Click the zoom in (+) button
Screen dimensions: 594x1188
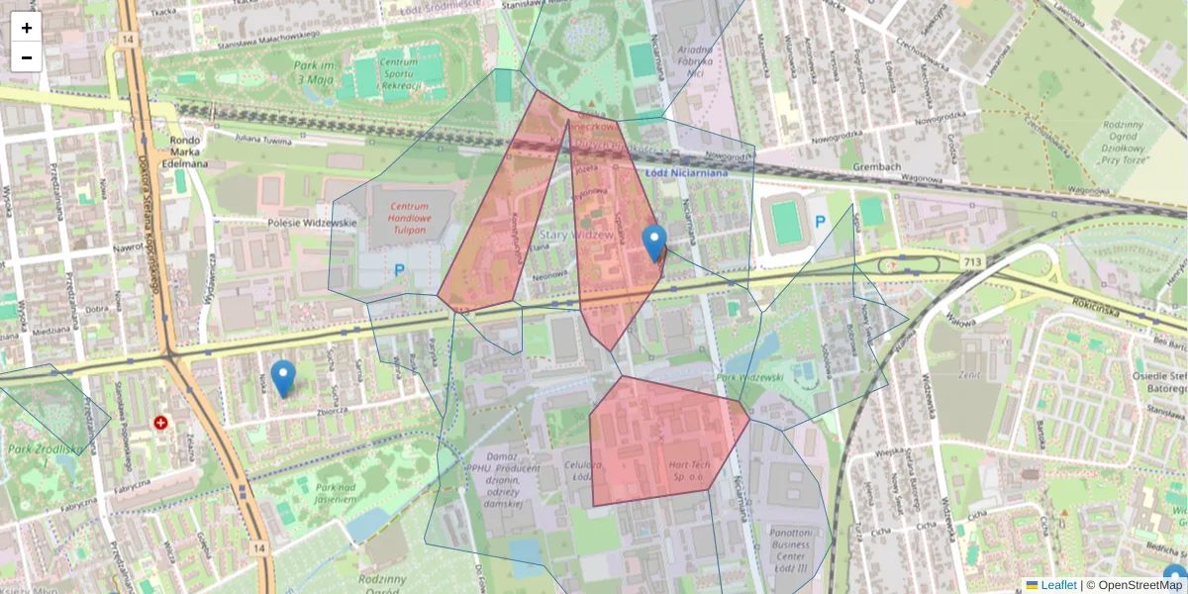point(27,28)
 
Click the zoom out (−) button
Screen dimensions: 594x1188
point(27,57)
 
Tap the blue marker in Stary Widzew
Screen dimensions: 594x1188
point(653,242)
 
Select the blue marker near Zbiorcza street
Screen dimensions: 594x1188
point(283,377)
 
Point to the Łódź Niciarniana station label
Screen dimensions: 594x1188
point(686,173)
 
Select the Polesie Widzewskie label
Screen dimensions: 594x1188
point(311,223)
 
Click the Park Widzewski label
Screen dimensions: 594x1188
point(749,377)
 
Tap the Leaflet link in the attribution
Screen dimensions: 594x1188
point(1058,585)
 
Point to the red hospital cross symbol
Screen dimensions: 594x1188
point(160,423)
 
